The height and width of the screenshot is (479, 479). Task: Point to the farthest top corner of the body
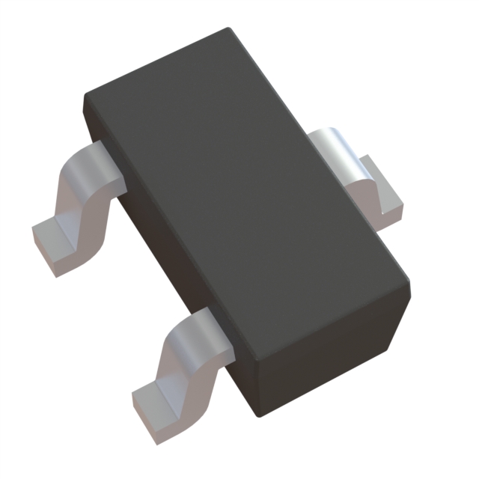coord(228,29)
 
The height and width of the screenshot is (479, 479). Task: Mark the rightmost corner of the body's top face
coord(411,281)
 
